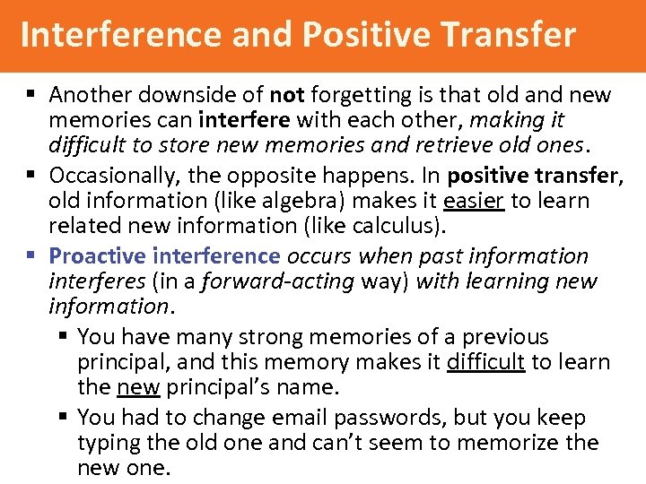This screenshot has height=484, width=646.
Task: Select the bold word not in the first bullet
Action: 287,95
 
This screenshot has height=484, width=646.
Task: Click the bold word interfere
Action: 244,120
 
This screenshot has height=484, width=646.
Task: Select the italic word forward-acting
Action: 278,281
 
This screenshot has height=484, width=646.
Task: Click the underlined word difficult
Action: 484,363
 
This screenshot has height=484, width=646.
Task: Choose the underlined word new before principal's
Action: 138,388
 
